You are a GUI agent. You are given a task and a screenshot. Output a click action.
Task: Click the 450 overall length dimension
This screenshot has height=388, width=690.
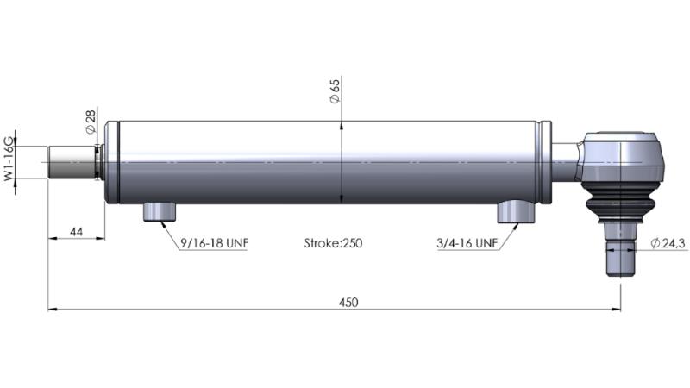348,303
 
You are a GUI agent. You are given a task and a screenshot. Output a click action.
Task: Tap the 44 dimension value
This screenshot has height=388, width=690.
75,231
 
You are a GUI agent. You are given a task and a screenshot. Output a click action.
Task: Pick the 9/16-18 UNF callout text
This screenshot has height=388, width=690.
214,244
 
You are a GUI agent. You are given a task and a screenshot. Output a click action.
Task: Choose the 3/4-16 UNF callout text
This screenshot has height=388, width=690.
467,244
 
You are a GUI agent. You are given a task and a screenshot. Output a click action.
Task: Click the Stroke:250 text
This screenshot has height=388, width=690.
333,244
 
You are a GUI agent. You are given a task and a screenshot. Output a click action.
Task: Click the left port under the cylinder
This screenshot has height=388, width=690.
160,210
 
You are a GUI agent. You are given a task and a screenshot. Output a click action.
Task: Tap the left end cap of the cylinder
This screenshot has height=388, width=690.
111,162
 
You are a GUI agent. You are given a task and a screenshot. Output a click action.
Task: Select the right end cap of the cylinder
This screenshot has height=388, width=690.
543,162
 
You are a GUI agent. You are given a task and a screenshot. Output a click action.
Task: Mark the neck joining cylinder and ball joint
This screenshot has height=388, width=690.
566,161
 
